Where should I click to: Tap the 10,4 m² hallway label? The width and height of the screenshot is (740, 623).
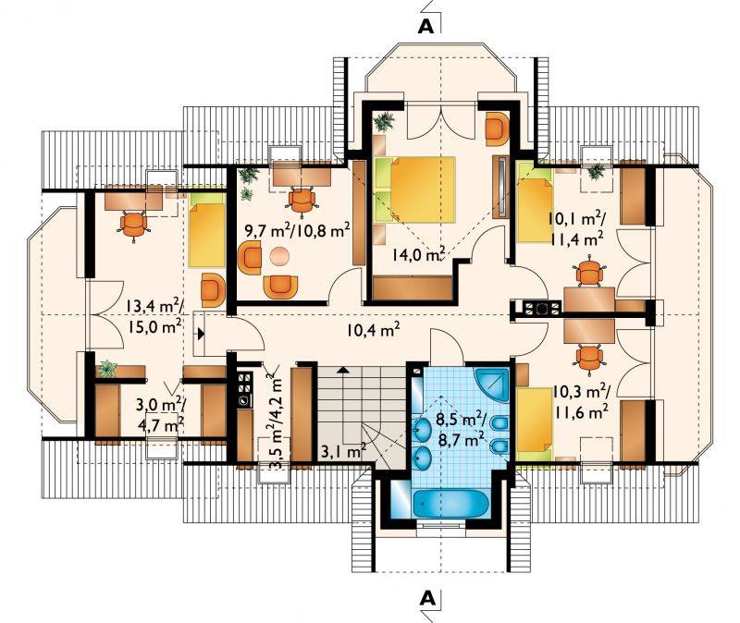coord(374,330)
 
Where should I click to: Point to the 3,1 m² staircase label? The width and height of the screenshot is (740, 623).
coord(343,452)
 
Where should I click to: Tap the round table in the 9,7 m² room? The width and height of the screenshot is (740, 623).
coord(280,257)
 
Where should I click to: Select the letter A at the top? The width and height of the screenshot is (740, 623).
coord(425,27)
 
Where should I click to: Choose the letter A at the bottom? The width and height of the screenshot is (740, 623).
coord(426,598)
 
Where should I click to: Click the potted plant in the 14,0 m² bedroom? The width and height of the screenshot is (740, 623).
coord(384,121)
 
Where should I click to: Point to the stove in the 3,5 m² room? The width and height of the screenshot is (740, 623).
coord(245,389)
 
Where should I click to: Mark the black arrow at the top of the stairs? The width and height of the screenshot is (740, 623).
coord(344,371)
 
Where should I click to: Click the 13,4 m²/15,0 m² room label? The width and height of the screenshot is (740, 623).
coord(154,316)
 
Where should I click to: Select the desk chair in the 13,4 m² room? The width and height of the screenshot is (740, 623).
coord(134,225)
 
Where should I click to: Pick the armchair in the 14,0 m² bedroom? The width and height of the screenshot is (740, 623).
coord(497,128)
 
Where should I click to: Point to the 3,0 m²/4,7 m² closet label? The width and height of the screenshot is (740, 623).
coord(159,414)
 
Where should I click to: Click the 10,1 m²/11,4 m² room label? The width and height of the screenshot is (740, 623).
coord(575,229)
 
